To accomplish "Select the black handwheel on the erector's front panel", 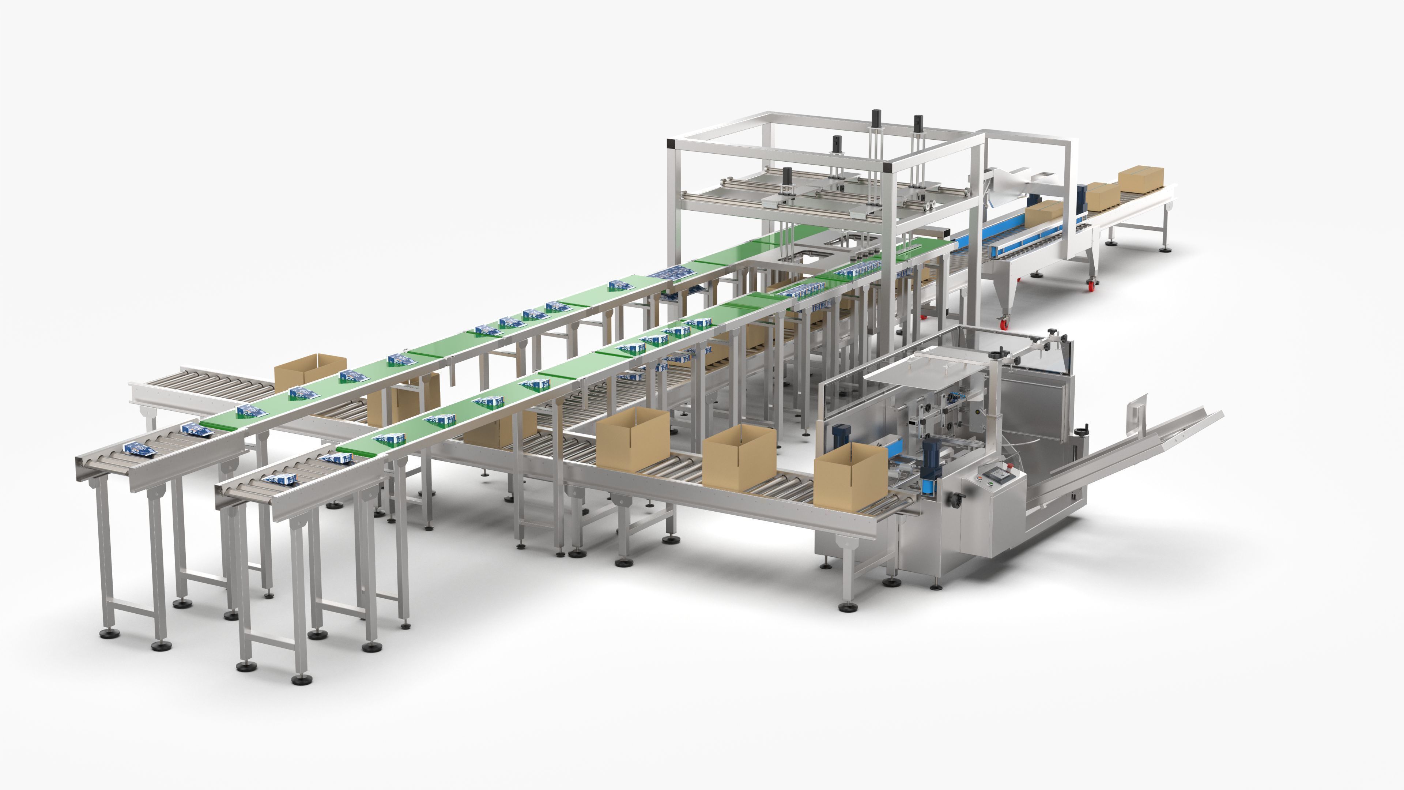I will tap(955, 498).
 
